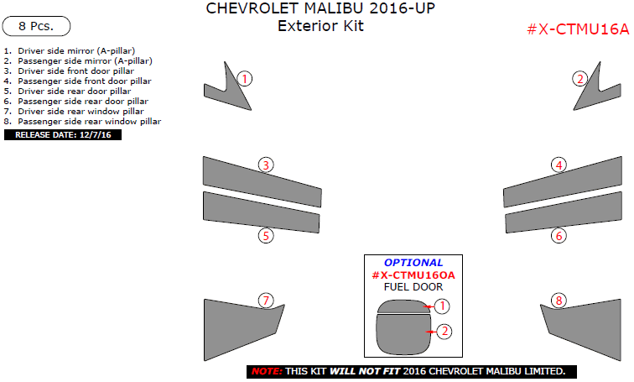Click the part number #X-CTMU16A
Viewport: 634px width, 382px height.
click(x=577, y=29)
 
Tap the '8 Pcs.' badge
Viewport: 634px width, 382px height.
click(x=36, y=26)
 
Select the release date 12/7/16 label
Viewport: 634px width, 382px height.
click(x=63, y=134)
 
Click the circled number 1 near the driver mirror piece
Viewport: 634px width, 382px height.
click(x=244, y=79)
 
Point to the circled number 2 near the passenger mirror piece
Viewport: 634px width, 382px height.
click(x=579, y=79)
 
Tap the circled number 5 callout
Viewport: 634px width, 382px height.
click(x=266, y=236)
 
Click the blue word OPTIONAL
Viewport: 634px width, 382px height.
click(x=413, y=263)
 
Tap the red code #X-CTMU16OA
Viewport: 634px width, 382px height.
click(x=413, y=275)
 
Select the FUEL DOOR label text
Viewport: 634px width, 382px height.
click(x=413, y=287)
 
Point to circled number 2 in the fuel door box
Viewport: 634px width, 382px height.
click(x=444, y=332)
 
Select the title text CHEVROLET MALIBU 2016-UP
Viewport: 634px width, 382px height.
click(x=320, y=9)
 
